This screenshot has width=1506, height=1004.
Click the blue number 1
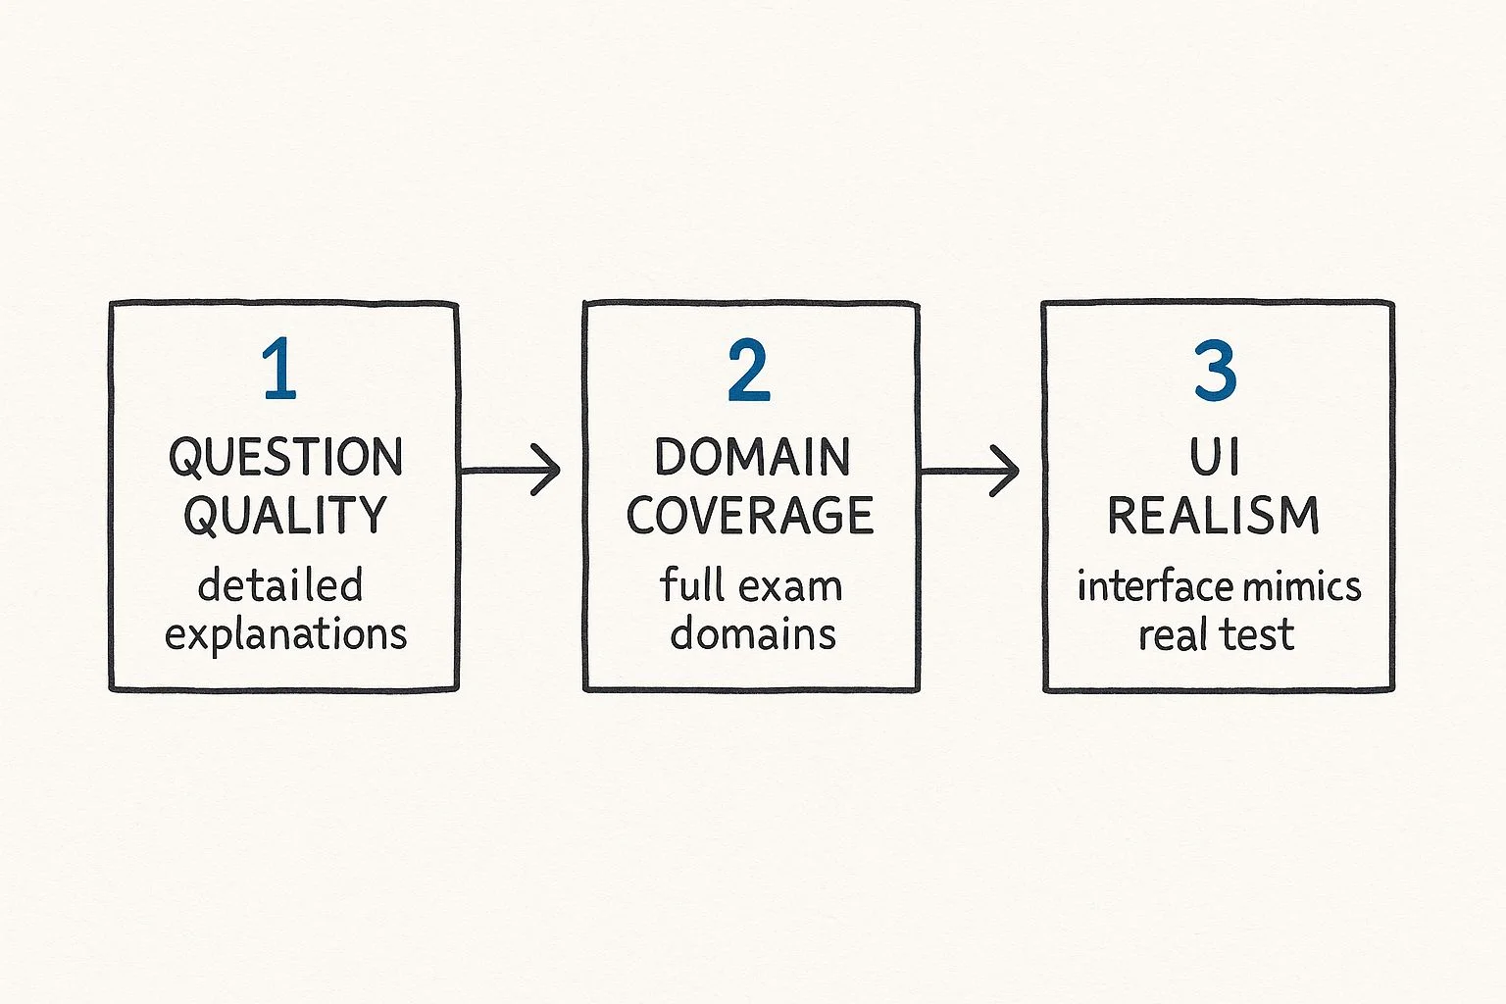[279, 369]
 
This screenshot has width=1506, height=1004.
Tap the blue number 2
[749, 370]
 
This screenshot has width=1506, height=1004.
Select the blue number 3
[1215, 370]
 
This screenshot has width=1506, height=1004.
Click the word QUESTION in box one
[285, 457]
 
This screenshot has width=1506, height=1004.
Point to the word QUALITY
[285, 516]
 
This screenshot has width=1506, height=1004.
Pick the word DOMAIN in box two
[752, 457]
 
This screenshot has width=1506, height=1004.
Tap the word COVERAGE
[750, 515]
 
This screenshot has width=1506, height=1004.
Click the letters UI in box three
[1214, 457]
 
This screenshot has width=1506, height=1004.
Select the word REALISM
[1214, 516]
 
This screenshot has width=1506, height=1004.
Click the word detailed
[280, 584]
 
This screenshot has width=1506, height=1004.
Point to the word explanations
[285, 634]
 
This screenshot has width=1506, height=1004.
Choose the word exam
[790, 587]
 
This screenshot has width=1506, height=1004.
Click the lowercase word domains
[753, 633]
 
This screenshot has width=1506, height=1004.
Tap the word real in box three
[1169, 633]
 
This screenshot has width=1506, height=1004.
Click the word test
[1255, 634]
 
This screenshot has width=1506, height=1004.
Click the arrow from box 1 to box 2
[510, 470]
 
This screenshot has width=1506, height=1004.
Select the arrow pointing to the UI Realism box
[969, 471]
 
